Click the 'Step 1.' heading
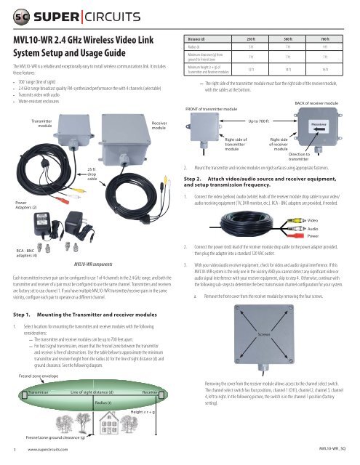(x=22, y=295)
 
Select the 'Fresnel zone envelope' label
(x=37, y=376)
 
